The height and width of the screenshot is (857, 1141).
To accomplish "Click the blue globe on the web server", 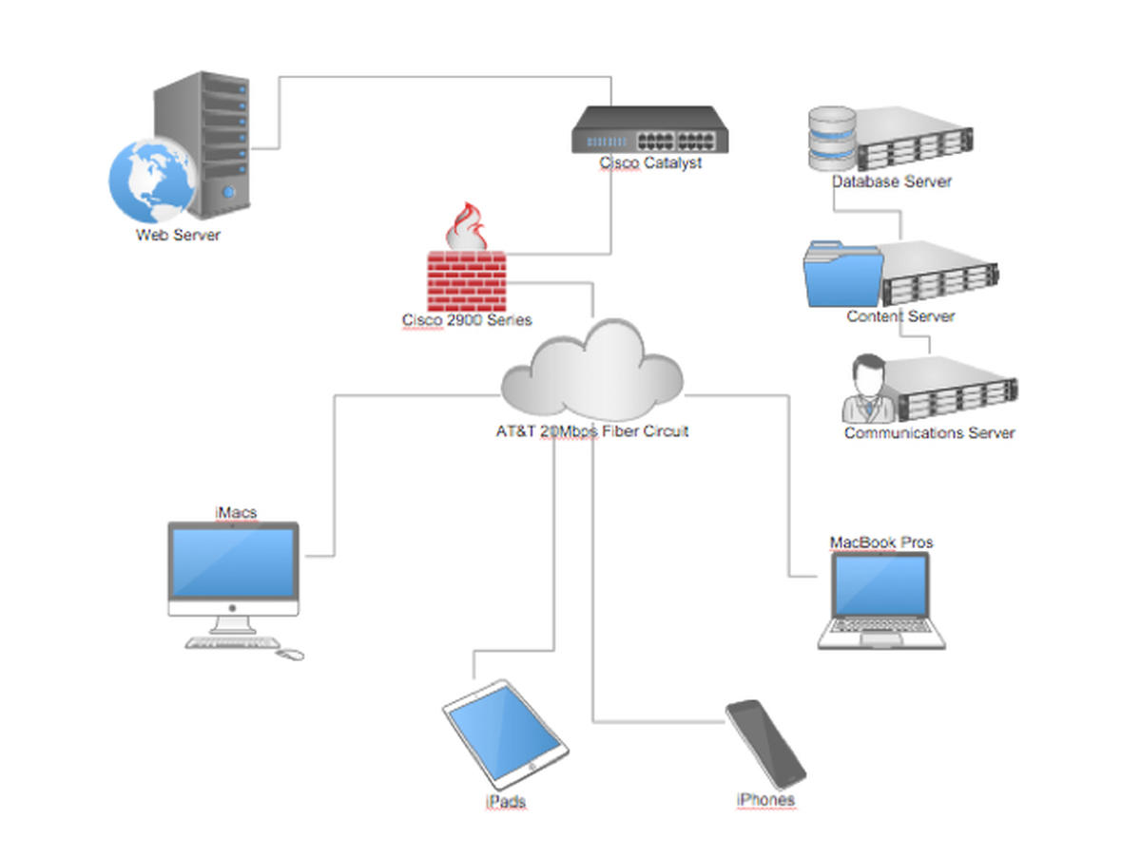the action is (153, 181).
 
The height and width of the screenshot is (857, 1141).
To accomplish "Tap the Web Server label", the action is (179, 235).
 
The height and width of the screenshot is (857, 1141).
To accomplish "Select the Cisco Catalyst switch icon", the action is (649, 129).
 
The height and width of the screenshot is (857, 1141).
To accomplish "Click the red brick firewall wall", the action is (466, 281).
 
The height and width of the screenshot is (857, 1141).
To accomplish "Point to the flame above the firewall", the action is (466, 226).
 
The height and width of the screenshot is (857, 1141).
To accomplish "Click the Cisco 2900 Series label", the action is (467, 319).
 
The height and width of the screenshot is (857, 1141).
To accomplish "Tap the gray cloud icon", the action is (592, 370).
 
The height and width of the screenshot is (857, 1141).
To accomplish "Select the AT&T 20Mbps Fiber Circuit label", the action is (592, 431).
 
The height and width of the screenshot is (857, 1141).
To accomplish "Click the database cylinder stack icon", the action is (832, 138).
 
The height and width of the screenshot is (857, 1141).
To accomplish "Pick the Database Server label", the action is (892, 181).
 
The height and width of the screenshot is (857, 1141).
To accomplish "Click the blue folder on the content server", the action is (842, 274).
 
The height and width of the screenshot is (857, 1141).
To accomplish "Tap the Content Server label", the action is (900, 315).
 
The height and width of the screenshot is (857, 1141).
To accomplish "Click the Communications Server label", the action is (929, 432).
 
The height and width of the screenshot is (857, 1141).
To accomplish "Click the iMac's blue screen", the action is (233, 563).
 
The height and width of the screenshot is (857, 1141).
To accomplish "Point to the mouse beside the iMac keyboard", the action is (290, 655).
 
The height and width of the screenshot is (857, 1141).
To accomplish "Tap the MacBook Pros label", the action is (881, 543).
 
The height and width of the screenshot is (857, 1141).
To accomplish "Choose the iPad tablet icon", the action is (505, 734).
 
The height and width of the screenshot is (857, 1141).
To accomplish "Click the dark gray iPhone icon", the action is (765, 744).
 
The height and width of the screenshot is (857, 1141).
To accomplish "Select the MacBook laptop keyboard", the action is (881, 626).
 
